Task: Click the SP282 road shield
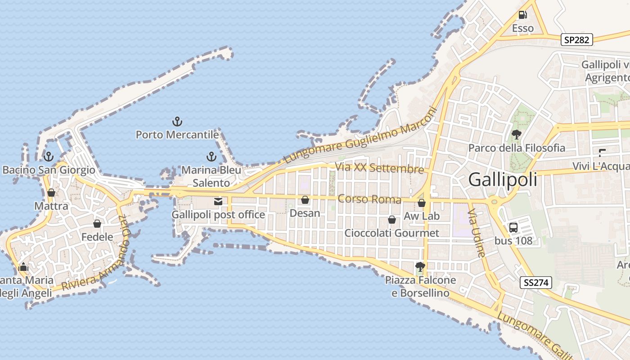point(577,40)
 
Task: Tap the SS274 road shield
point(536,283)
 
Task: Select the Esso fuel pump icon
point(522,15)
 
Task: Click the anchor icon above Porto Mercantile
point(177,121)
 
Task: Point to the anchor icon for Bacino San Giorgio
point(49,157)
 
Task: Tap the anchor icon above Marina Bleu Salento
point(211,157)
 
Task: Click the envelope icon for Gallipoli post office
point(218,201)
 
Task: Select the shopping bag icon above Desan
point(305,200)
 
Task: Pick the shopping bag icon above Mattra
point(51,193)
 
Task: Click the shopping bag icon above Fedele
point(97,223)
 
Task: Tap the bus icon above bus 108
point(513,227)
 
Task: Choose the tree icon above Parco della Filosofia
point(517,134)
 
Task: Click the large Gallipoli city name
point(503,180)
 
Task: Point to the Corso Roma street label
point(369,199)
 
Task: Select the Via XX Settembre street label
point(379,168)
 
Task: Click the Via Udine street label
point(477,233)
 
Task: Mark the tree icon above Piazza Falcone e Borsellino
point(420,266)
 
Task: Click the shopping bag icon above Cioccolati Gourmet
point(392,220)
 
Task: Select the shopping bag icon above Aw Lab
point(422,203)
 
